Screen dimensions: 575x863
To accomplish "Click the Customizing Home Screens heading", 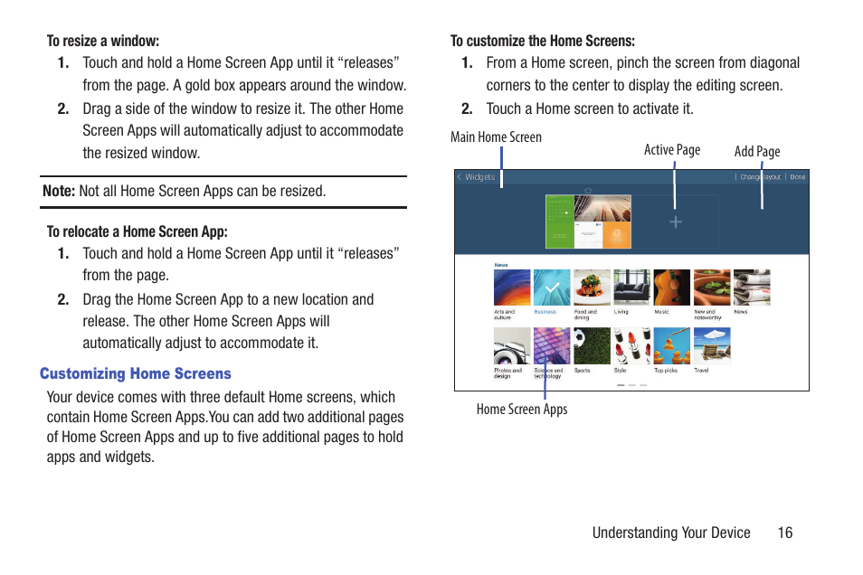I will pos(135,373).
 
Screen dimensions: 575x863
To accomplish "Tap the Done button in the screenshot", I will pos(797,177).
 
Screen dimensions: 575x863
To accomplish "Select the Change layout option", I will pos(760,177).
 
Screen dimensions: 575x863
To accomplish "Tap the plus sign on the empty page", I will pos(676,222).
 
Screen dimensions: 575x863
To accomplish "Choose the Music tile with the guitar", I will pos(671,287).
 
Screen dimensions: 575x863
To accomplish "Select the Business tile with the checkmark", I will pos(552,287).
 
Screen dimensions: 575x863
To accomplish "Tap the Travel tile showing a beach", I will pos(711,345).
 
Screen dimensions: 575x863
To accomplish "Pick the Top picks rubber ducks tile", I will pos(671,345).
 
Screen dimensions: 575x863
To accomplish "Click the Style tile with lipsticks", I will pos(631,345).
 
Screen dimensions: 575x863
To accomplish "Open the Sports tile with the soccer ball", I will pos(592,345).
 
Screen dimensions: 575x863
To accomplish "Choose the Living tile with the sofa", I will pos(631,287).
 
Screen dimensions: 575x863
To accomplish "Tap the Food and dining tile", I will pos(592,287).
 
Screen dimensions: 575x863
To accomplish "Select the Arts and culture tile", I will pos(512,287).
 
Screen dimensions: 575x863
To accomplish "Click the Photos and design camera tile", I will pos(512,345).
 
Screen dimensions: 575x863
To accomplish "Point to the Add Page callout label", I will pos(757,152).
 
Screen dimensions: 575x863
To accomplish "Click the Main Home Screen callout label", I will pos(496,137).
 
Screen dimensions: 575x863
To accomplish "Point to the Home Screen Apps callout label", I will pos(522,410).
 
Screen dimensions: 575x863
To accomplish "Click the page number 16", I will pos(784,533).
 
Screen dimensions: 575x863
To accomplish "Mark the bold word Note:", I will pos(59,191).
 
